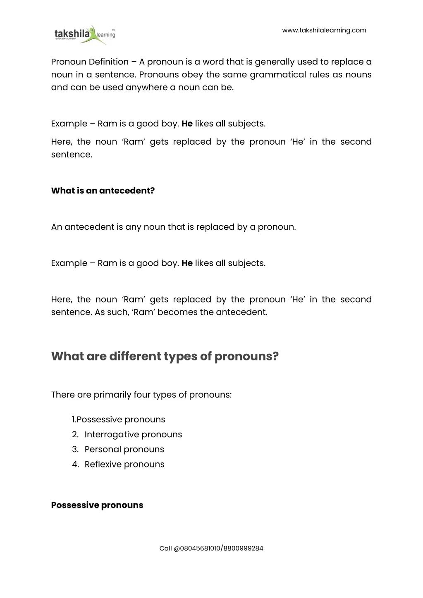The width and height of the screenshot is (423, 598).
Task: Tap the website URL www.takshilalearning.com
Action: point(324,30)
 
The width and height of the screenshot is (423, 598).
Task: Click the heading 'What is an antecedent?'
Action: point(103,191)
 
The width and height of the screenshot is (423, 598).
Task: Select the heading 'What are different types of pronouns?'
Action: point(165,356)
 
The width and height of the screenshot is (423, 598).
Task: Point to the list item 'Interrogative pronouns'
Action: point(133,434)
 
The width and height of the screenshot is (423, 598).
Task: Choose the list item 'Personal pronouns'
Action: point(124,449)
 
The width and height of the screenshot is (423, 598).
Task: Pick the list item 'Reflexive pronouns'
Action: point(124,464)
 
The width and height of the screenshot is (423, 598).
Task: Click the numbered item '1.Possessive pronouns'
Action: point(118,419)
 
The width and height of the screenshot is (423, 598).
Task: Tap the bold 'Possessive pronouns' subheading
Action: point(97,505)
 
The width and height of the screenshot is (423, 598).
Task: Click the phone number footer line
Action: point(211,548)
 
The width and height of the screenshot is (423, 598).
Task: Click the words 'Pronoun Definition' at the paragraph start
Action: point(90,62)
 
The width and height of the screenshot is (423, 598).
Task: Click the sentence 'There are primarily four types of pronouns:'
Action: point(141,395)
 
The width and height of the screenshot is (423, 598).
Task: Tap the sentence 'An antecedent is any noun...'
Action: point(173,227)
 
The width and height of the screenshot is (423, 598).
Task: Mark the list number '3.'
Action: point(75,449)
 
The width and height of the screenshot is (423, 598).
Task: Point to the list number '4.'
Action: point(75,464)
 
